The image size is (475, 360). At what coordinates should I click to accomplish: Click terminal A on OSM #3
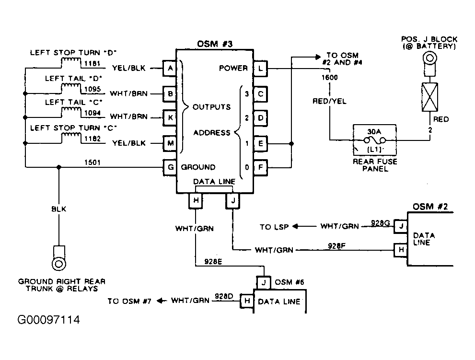click(170, 68)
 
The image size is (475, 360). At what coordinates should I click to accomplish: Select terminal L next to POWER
click(260, 69)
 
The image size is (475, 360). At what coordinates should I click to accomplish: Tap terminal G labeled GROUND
click(170, 167)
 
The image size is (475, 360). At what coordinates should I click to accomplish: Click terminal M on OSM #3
click(170, 143)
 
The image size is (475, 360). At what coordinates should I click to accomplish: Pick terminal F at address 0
click(260, 167)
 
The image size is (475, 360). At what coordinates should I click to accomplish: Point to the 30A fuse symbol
click(374, 140)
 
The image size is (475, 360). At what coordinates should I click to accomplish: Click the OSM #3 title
click(215, 44)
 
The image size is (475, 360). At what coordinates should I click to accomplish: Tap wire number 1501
click(93, 163)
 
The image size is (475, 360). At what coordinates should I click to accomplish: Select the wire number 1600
click(330, 78)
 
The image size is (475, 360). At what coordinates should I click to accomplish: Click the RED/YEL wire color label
click(329, 101)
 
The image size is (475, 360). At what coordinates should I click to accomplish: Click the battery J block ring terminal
click(430, 58)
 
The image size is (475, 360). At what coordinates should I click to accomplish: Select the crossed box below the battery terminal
click(430, 97)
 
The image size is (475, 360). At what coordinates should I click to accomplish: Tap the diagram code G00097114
click(48, 320)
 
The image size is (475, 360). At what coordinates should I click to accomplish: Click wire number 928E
click(213, 262)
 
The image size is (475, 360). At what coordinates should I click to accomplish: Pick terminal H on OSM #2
click(401, 250)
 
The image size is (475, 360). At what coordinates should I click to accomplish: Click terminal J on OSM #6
click(264, 282)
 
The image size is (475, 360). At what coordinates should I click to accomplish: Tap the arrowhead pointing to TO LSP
click(295, 226)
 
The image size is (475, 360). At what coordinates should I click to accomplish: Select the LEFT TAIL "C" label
click(74, 103)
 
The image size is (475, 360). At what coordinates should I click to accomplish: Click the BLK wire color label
click(59, 209)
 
